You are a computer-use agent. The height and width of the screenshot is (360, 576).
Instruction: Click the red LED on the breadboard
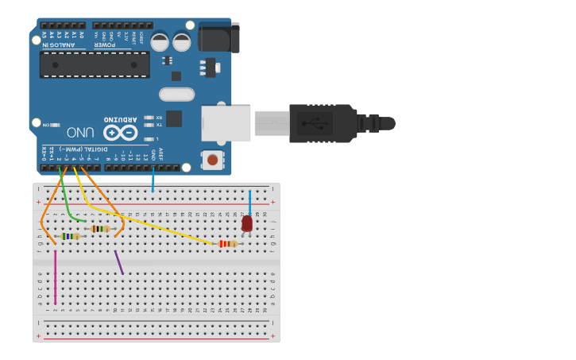point(247,223)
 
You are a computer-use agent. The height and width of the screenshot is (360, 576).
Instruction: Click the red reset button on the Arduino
point(212,160)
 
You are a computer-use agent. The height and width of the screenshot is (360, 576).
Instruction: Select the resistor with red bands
point(228,244)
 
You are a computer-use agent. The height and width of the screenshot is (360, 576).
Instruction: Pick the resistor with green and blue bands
point(71,236)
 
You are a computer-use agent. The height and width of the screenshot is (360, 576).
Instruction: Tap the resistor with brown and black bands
point(99,229)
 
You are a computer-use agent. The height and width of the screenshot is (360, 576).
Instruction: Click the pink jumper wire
point(56,278)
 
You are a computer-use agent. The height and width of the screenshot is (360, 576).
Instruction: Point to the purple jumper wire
point(119,263)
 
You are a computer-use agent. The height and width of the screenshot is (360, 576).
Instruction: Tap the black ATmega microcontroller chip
point(95,65)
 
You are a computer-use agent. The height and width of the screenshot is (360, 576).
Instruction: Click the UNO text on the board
point(81,133)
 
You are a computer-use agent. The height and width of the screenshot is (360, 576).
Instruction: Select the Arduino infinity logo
point(121,133)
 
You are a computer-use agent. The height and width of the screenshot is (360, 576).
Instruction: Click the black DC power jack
point(219,37)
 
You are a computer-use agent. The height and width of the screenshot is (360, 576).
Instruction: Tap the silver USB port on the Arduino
point(226,123)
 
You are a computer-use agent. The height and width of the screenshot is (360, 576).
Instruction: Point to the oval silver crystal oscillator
point(176,95)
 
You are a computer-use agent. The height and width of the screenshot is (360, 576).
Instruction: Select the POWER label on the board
point(112,45)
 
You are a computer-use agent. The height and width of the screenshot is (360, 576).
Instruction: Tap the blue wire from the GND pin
point(153,181)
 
